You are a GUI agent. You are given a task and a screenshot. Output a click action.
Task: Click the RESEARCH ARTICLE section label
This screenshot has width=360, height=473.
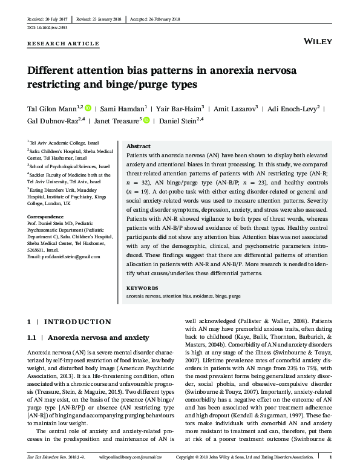(x=63, y=44)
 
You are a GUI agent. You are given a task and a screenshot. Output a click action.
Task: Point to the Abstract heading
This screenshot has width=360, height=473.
(x=138, y=146)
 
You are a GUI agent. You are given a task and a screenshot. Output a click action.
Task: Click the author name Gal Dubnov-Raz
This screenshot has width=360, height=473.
(x=54, y=120)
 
